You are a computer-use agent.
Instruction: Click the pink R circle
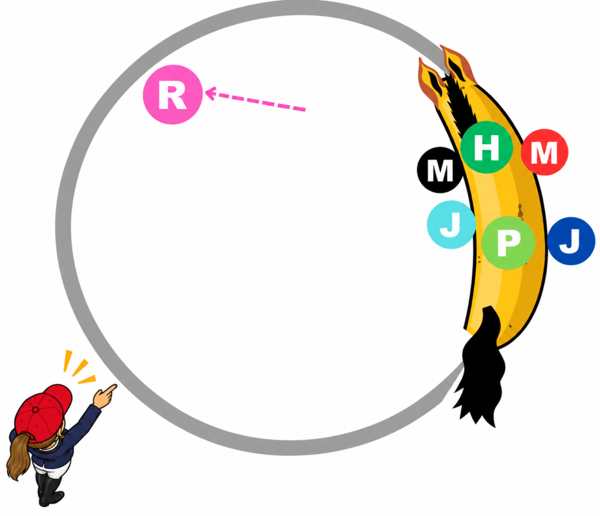(172, 94)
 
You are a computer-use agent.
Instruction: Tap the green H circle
(486, 147)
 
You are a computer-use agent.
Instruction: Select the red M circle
(544, 152)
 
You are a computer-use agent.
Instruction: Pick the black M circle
(440, 170)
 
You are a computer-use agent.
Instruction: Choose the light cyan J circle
(451, 224)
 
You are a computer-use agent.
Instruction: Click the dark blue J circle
(571, 241)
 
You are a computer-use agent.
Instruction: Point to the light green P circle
(508, 242)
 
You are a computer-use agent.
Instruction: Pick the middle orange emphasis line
(80, 368)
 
